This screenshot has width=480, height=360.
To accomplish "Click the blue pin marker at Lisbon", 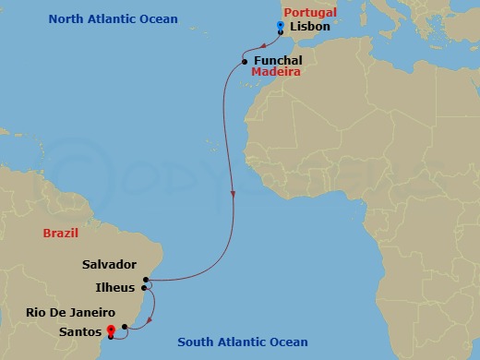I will [x=280, y=28].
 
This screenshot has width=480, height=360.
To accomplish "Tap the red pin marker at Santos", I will [x=111, y=329].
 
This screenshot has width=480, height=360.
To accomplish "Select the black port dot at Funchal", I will [x=244, y=62].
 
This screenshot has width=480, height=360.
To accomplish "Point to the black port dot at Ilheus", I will [x=145, y=288].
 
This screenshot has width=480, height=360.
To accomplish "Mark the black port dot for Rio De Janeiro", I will [x=125, y=327].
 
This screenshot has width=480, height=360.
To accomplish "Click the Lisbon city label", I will [x=309, y=28].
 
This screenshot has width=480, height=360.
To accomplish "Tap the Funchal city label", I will [x=276, y=61].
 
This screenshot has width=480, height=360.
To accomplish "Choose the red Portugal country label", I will [x=310, y=12].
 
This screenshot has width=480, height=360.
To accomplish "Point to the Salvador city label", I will [x=109, y=264].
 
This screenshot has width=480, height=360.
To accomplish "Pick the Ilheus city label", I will [x=115, y=288].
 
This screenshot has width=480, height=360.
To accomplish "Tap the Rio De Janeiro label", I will [x=70, y=313].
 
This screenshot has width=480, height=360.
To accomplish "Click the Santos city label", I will [x=78, y=330].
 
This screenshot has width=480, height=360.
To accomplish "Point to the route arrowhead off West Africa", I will [x=234, y=196].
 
